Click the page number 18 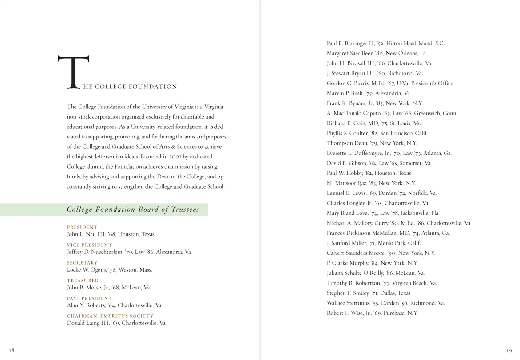pos(12,350)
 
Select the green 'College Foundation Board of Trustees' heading pos(133,210)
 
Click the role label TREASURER pos(83,281)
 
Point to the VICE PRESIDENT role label pos(89,245)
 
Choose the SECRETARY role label pos(82,263)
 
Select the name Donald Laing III pos(87,323)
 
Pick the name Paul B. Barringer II pos(353,44)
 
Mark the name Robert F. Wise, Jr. pos(349,313)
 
